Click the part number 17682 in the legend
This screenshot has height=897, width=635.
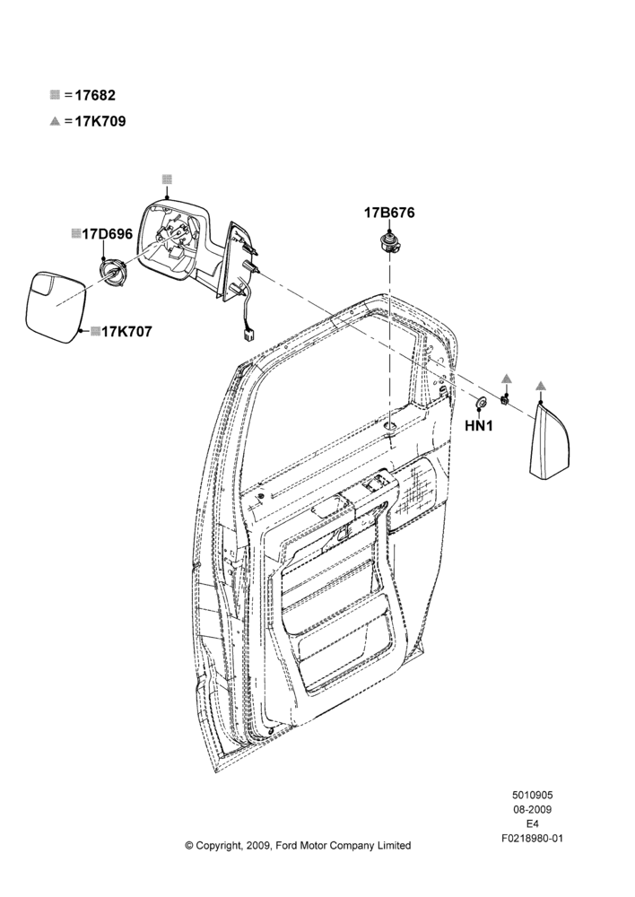pos(95,95)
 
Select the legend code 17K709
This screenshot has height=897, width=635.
pos(100,121)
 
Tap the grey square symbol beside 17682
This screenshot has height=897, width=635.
pos(55,94)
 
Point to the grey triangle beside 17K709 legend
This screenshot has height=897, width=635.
pos(55,121)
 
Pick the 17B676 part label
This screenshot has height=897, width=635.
pos(389,213)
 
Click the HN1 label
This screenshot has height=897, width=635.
pos(479,425)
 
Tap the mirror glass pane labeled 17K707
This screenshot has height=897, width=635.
pos(56,307)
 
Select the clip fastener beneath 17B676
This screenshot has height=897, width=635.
pos(389,243)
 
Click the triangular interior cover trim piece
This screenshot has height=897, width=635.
pos(549,440)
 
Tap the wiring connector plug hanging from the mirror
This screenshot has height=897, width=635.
pos(248,335)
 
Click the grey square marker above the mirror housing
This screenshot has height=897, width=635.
pos(167,179)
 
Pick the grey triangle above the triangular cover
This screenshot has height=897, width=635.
pos(541,386)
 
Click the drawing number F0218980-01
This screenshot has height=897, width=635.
pos(532,838)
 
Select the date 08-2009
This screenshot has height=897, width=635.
pos(532,809)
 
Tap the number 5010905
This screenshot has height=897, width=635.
pos(532,795)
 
